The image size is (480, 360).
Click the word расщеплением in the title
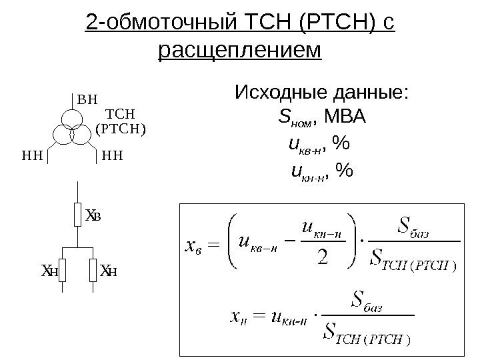[240, 50]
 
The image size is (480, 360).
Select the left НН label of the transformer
[32, 156]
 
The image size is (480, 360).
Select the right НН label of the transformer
[113, 156]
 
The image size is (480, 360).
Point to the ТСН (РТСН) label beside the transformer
[121, 121]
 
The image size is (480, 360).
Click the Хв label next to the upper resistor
[93, 215]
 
